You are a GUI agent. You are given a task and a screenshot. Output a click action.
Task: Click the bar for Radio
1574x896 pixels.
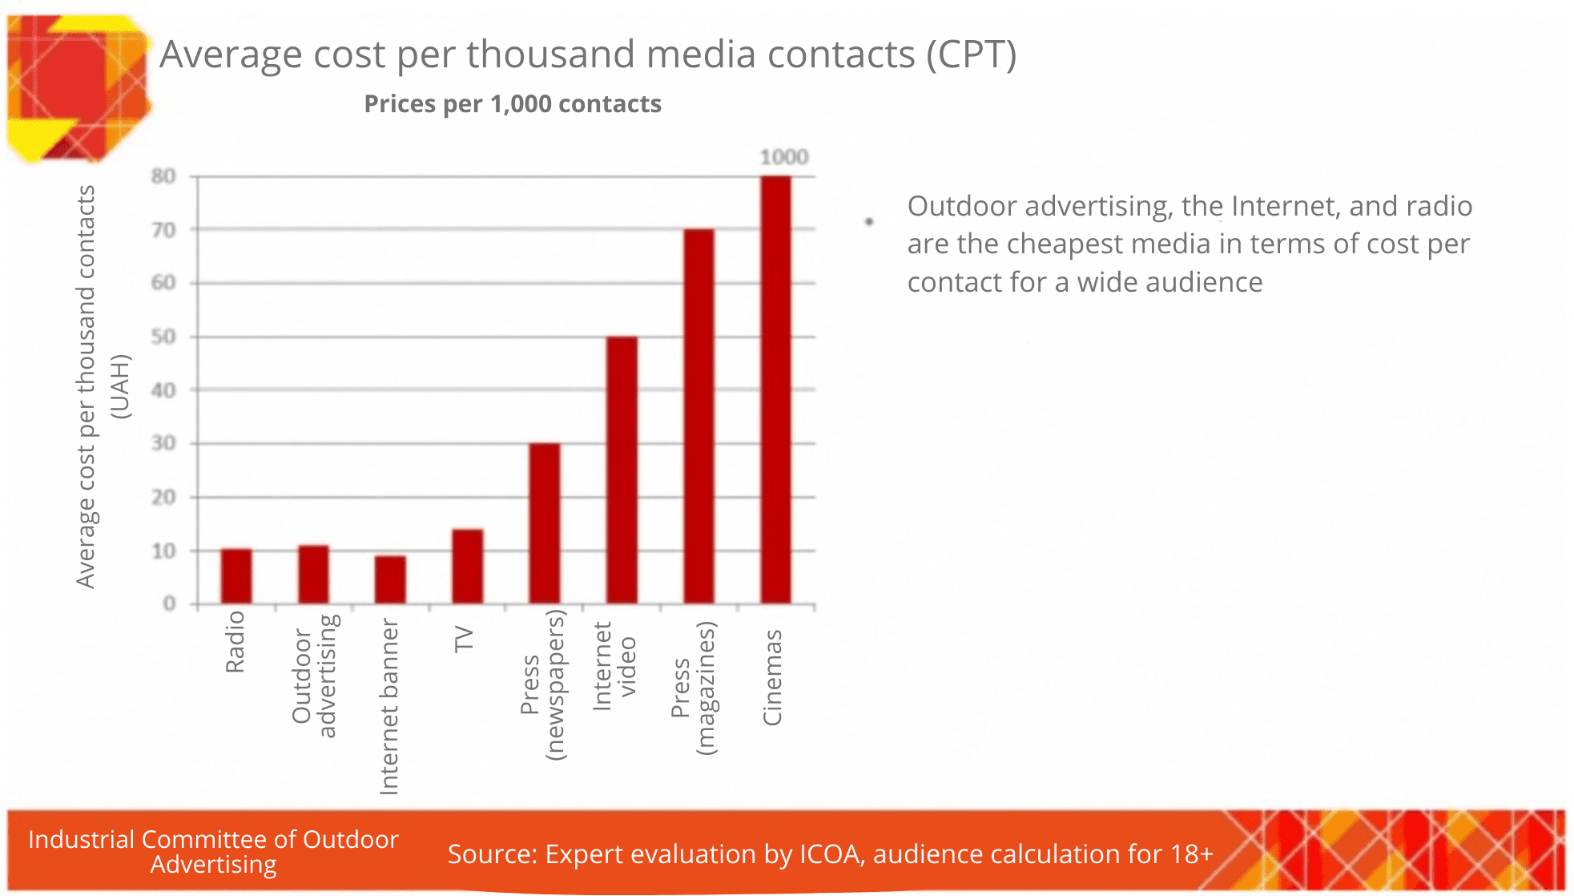(x=236, y=576)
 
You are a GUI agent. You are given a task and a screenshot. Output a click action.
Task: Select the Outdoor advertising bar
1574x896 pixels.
(x=313, y=575)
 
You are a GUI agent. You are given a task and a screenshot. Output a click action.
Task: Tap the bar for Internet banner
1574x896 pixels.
(x=390, y=579)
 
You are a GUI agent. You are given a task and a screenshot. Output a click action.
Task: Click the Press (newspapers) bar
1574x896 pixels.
(x=545, y=523)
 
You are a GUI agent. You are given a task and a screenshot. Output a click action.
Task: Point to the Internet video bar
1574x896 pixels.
(x=622, y=470)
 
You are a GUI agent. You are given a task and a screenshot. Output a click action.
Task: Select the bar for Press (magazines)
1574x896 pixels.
(x=698, y=416)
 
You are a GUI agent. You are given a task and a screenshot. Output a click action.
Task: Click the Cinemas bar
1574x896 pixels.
(x=775, y=389)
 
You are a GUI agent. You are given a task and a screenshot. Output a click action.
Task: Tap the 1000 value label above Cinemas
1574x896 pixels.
(x=783, y=157)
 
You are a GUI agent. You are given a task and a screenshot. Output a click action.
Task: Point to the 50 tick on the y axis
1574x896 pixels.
(x=163, y=337)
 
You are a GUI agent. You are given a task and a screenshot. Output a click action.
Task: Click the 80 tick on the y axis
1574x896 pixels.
(x=163, y=176)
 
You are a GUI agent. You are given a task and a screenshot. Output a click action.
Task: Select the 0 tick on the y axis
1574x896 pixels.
(x=169, y=603)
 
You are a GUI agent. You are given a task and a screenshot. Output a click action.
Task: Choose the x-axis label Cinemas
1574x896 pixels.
(x=772, y=677)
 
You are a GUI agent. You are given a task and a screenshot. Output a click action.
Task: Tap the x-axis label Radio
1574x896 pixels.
(x=235, y=641)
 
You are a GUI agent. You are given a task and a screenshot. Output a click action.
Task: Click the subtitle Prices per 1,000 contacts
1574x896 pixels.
(x=513, y=104)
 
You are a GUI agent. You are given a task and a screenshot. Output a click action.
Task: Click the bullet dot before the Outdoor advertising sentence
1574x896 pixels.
(x=869, y=222)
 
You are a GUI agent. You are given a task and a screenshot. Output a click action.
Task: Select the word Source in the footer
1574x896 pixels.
(x=490, y=854)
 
